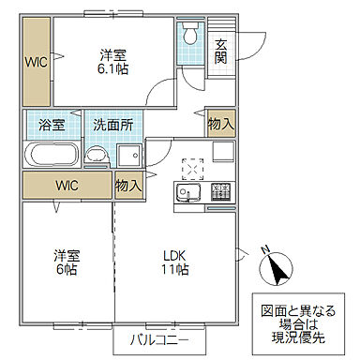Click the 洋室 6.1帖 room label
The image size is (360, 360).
[x=111, y=60]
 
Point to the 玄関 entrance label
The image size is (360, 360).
[x=220, y=50]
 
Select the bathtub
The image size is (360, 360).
[x=52, y=154]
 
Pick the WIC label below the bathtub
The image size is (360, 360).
[x=67, y=185]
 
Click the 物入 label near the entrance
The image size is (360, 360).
[x=221, y=124]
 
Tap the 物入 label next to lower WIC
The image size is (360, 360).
[x=128, y=186]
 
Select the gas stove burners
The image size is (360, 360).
[x=221, y=191]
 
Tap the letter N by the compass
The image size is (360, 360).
[x=264, y=249]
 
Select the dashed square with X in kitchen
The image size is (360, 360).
[x=192, y=167]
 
